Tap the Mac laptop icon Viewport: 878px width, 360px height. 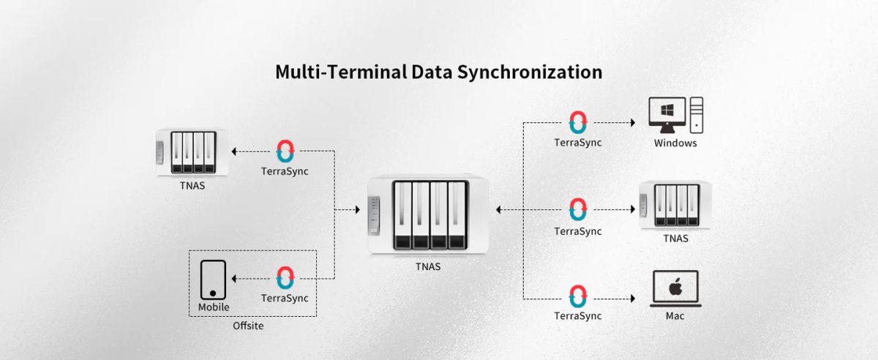[x=675, y=288]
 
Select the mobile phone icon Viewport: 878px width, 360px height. [x=213, y=280]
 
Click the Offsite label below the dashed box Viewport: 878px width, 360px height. [x=248, y=326]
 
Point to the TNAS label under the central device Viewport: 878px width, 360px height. [x=427, y=266]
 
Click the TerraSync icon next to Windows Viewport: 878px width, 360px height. [x=578, y=122]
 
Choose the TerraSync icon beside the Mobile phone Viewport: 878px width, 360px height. [x=285, y=279]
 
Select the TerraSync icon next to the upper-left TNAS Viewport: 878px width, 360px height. [x=285, y=151]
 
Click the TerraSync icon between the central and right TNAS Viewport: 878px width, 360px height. [x=578, y=210]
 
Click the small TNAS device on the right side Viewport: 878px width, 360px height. [x=675, y=206]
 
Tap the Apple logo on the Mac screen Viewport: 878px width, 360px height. [x=675, y=285]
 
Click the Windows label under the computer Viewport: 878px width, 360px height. [x=675, y=143]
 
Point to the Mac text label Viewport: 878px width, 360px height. [x=675, y=316]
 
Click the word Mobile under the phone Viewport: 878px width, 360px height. [x=214, y=307]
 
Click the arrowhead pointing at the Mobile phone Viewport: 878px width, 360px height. [x=233, y=279]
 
